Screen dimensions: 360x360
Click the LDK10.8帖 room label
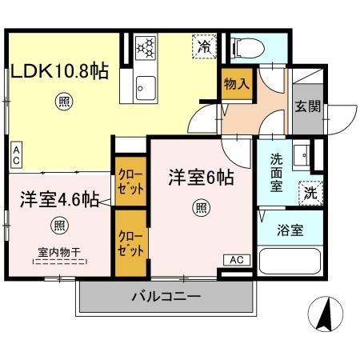[x=59, y=73]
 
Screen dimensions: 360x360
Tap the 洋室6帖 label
[x=200, y=178]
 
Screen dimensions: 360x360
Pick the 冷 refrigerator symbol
[x=204, y=47]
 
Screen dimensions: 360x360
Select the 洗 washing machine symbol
[x=308, y=193]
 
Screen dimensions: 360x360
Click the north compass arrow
[x=325, y=315]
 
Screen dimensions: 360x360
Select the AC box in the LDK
[x=17, y=154]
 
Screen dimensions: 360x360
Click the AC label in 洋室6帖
[x=235, y=259]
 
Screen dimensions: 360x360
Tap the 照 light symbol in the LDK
[x=62, y=102]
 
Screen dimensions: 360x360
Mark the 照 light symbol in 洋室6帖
[x=200, y=210]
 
